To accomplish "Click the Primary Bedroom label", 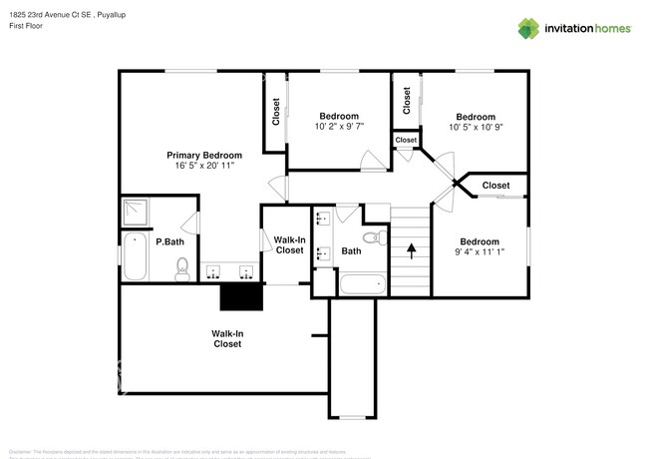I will pos(203,155).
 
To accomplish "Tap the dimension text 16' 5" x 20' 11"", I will pos(203,166).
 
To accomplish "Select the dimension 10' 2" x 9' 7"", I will pos(339,127).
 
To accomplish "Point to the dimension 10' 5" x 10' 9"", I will pos(475,128).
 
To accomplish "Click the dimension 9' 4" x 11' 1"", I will pos(479,252).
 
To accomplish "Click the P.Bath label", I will pos(169,241).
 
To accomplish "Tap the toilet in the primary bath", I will pos(182,268).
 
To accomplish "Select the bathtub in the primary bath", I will pos(136,256).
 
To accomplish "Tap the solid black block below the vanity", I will pos(240,297).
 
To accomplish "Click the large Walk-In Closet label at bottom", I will pos(226,338).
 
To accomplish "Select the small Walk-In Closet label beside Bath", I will pos(289,244).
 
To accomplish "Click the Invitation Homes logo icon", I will pos(528,28).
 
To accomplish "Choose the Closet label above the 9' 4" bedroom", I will pos(495,186).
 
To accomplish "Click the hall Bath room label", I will pos(351,251).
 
